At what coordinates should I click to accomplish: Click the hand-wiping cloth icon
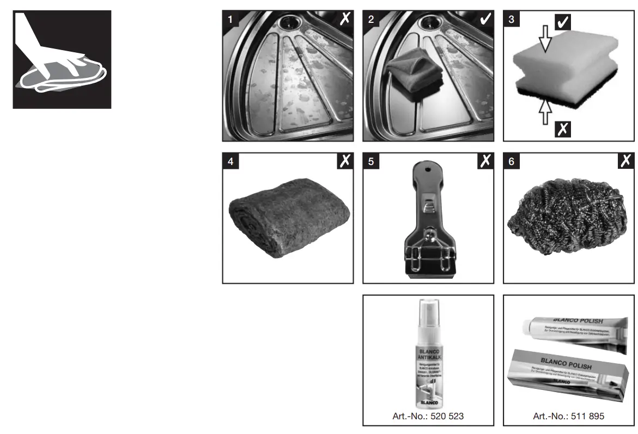[x=62, y=59]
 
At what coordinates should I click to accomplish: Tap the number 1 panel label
[x=231, y=20]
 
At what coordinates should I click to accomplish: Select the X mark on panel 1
[x=345, y=20]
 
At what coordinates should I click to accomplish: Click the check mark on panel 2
[x=485, y=20]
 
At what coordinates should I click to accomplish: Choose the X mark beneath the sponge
[x=563, y=129]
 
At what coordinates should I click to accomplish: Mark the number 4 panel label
[x=231, y=162]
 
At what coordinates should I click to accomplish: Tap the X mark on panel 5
[x=485, y=161]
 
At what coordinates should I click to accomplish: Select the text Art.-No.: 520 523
[x=429, y=417]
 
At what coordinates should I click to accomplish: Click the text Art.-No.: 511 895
[x=569, y=417]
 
